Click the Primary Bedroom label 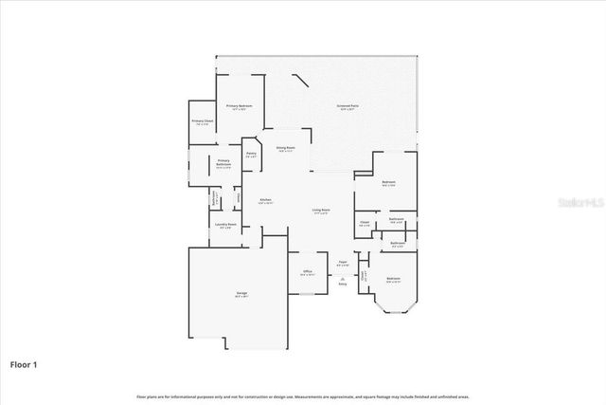tap(239, 107)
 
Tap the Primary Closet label tap(202, 121)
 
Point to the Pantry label tap(251, 155)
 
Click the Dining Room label tap(285, 149)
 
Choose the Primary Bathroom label tap(223, 164)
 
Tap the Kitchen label tap(267, 200)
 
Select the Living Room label tap(321, 211)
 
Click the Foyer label tap(343, 264)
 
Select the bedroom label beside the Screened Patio tap(388, 183)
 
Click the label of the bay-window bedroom tap(393, 280)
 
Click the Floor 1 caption tap(24, 363)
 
